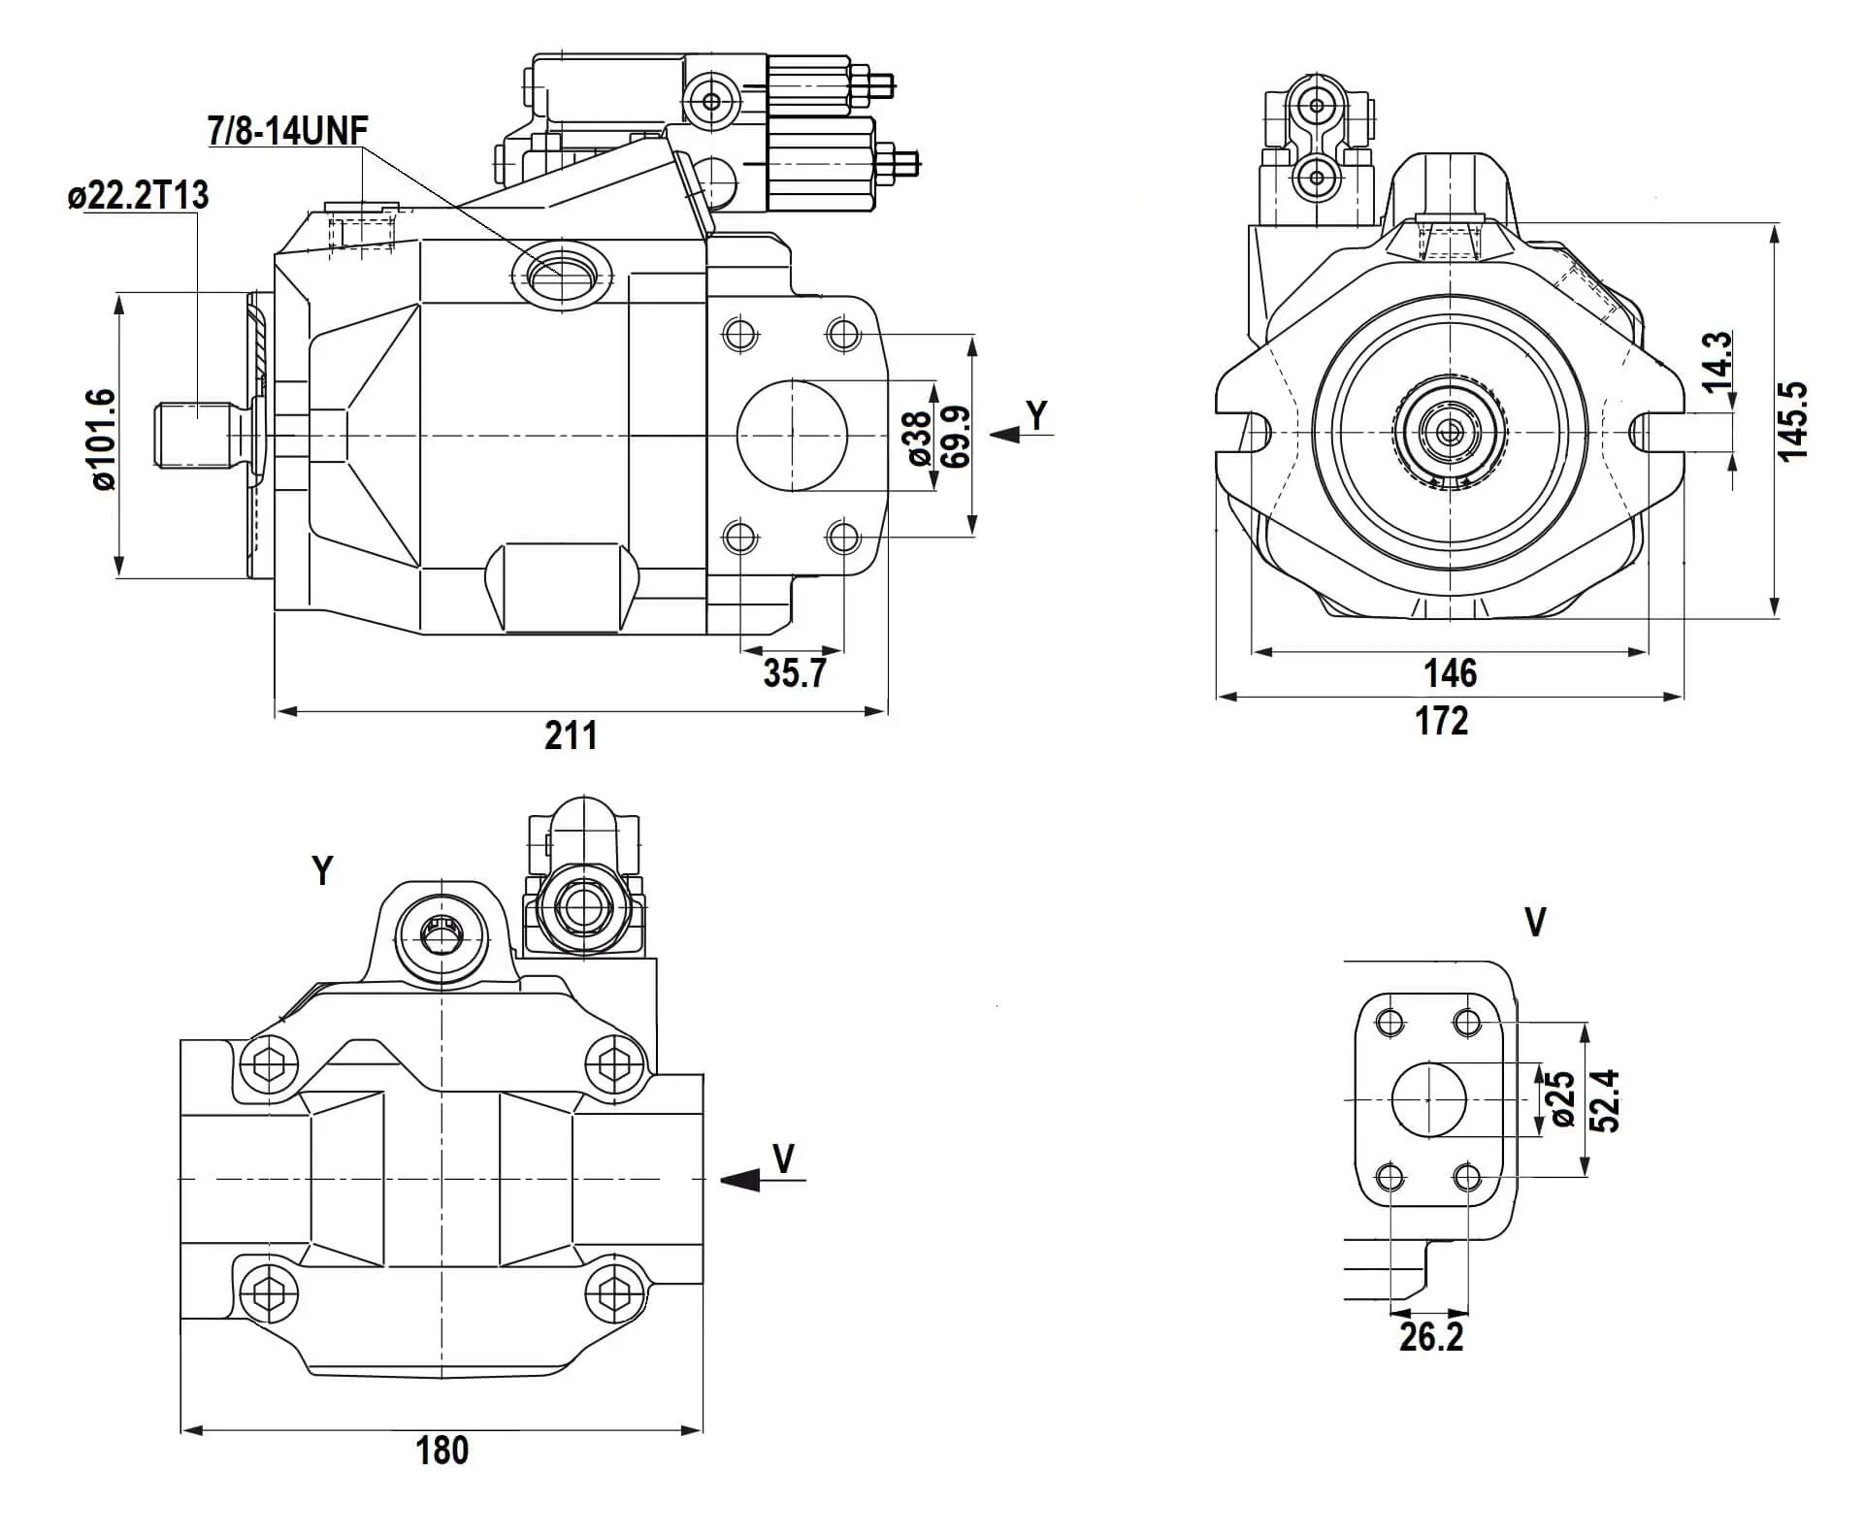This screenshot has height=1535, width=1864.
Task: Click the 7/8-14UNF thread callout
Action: [x=288, y=130]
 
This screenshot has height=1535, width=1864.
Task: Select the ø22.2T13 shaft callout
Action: [x=139, y=195]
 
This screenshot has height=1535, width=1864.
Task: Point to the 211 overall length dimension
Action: [x=571, y=735]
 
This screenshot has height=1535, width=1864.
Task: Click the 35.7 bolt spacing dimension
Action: [x=794, y=672]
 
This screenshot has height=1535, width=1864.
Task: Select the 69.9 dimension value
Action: [x=955, y=437]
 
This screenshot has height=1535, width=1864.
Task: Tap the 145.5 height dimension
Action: [x=1793, y=421]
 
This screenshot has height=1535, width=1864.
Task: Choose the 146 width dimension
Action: [x=1450, y=672]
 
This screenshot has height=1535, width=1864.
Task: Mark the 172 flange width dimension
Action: [x=1442, y=721]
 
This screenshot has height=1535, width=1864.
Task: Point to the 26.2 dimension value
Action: [x=1431, y=1337]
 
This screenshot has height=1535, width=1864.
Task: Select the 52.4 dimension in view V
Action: [x=1606, y=1100]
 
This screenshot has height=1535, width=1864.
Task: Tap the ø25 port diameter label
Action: [x=1562, y=1099]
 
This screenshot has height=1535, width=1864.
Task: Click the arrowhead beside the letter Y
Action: [x=1005, y=435]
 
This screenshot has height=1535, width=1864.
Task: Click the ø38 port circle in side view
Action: [x=792, y=436]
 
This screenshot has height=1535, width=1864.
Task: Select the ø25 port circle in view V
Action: [x=1428, y=1099]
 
